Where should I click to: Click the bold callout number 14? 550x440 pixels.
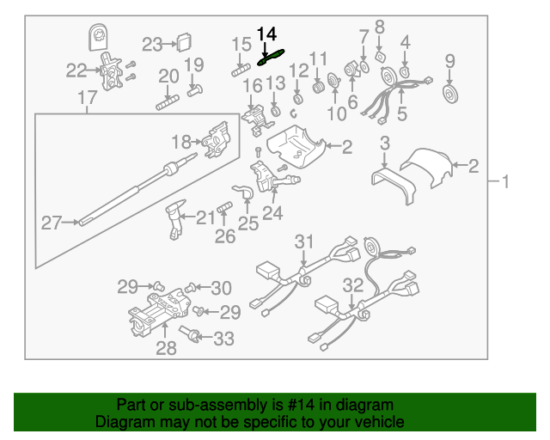click(x=267, y=34)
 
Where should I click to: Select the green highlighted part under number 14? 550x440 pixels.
click(x=271, y=58)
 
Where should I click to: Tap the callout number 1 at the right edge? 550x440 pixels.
click(x=506, y=181)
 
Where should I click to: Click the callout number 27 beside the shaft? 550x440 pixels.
click(x=52, y=223)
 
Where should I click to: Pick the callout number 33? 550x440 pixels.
click(x=223, y=339)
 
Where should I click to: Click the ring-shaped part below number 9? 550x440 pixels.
click(x=449, y=92)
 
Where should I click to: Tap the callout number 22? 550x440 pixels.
click(x=76, y=70)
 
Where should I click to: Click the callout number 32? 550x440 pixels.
click(x=352, y=284)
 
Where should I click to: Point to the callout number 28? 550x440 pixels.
click(x=166, y=348)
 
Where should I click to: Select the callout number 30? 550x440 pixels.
click(x=221, y=287)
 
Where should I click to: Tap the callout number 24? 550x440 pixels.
click(x=272, y=213)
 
